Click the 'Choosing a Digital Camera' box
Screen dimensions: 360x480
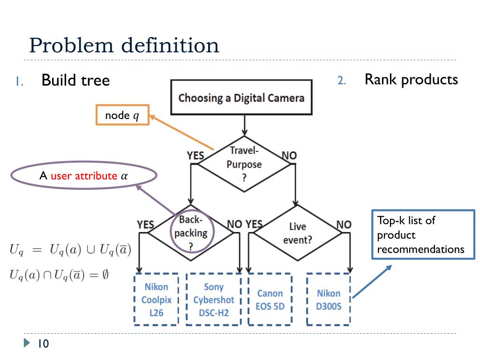[241, 97]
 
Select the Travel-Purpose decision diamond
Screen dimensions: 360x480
[244, 164]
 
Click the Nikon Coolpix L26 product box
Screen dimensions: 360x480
[156, 300]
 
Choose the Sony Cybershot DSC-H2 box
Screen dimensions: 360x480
[214, 300]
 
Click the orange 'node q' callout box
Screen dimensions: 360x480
[122, 115]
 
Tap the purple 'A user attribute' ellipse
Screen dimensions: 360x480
[83, 176]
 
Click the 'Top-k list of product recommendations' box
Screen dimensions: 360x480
[423, 234]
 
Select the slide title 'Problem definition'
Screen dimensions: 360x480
[124, 45]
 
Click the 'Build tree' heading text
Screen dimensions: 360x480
[75, 80]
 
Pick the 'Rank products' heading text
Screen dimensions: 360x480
[411, 79]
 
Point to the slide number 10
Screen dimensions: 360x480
[43, 344]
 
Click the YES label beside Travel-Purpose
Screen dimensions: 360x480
[195, 156]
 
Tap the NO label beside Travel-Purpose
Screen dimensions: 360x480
[289, 156]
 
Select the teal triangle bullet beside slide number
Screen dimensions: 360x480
[27, 344]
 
